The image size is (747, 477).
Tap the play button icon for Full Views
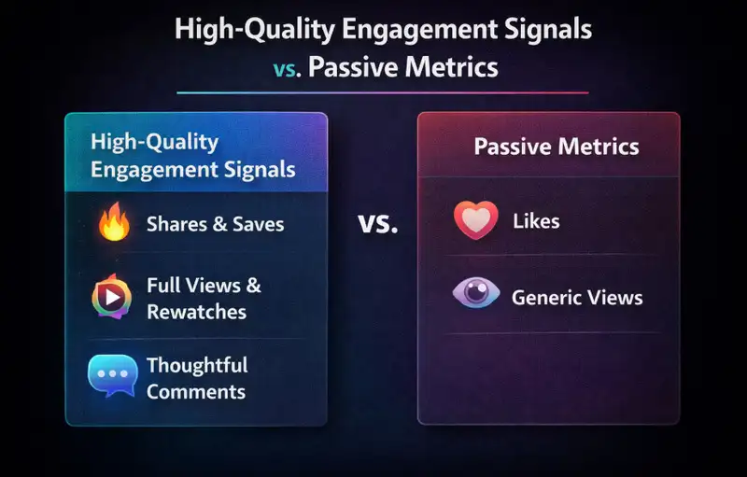[x=113, y=297]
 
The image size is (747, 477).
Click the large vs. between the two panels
[x=377, y=224]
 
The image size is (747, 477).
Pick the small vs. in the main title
[x=286, y=69]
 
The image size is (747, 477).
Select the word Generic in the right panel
[x=544, y=298]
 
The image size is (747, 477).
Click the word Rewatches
[x=196, y=311]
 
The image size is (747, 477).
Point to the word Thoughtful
[x=196, y=365]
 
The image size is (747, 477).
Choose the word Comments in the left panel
[x=195, y=391]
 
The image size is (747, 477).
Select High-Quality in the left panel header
[x=154, y=142]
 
